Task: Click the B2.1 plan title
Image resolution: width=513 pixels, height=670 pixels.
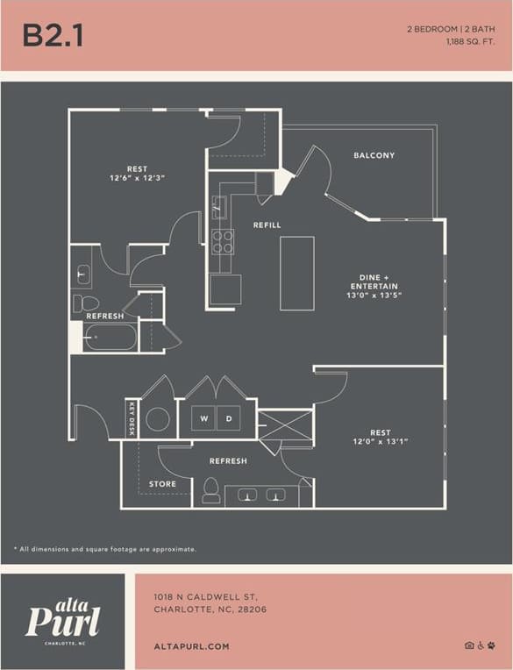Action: pyautogui.click(x=53, y=35)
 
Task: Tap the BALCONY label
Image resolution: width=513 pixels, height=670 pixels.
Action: pyautogui.click(x=374, y=156)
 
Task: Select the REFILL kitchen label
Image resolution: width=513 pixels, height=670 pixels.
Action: pyautogui.click(x=267, y=225)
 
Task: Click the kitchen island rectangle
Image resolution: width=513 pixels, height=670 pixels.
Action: pyautogui.click(x=296, y=273)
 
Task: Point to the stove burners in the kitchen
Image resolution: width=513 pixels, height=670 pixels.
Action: pyautogui.click(x=223, y=241)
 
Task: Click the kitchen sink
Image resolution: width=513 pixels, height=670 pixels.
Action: pyautogui.click(x=219, y=208)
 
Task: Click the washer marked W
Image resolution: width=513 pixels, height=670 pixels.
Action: pyautogui.click(x=203, y=419)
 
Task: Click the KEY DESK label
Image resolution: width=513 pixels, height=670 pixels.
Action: pyautogui.click(x=132, y=419)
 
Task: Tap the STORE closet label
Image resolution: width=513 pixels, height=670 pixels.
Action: pyautogui.click(x=162, y=484)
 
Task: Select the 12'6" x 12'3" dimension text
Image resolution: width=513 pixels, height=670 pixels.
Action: pyautogui.click(x=138, y=178)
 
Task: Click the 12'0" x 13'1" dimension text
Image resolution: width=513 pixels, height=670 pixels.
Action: pyautogui.click(x=381, y=442)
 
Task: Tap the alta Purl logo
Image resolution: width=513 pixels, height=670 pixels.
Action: pyautogui.click(x=62, y=620)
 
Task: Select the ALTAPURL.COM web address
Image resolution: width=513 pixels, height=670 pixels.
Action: pyautogui.click(x=191, y=646)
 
